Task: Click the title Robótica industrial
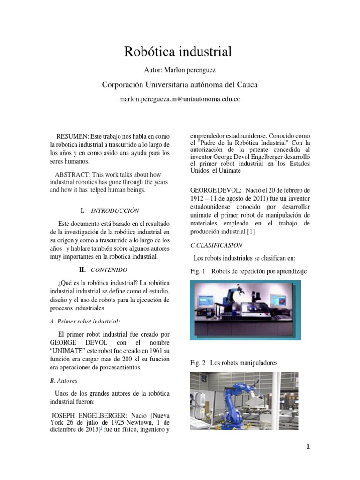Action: point(178,52)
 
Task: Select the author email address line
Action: point(180,99)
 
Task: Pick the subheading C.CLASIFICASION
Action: point(216,245)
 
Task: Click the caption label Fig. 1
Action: point(198,271)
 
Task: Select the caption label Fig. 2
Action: point(198,362)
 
